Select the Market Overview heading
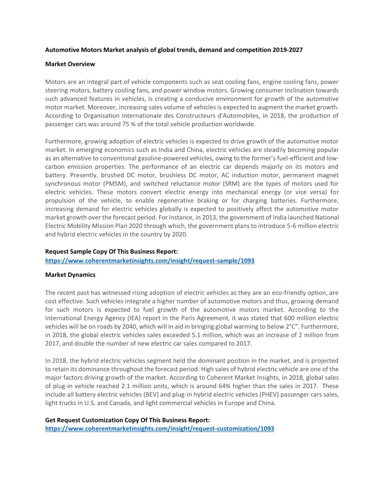[70, 64]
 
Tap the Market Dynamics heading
[70, 274]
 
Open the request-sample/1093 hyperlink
[150, 261]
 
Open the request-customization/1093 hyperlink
[160, 429]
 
